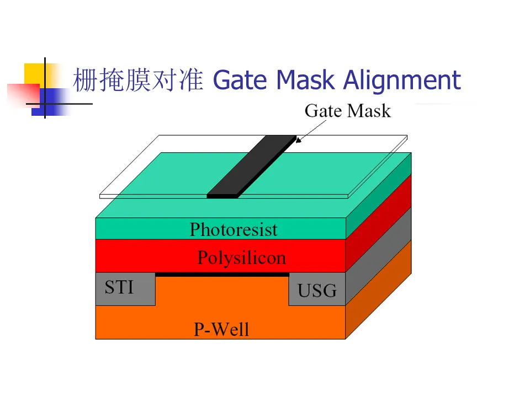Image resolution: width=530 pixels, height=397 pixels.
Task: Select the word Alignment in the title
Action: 401,81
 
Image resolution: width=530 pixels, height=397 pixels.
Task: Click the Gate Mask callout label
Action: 347,111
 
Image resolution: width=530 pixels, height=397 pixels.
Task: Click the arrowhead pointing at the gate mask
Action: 299,140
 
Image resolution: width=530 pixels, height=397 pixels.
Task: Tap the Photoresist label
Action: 234,229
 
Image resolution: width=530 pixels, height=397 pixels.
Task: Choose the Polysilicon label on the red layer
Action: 241,257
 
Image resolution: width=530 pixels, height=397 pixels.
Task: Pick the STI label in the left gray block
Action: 119,287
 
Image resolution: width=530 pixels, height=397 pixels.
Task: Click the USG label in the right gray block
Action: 317,290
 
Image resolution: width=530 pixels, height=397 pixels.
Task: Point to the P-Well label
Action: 221,329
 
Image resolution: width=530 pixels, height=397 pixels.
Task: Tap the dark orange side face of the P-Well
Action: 379,292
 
